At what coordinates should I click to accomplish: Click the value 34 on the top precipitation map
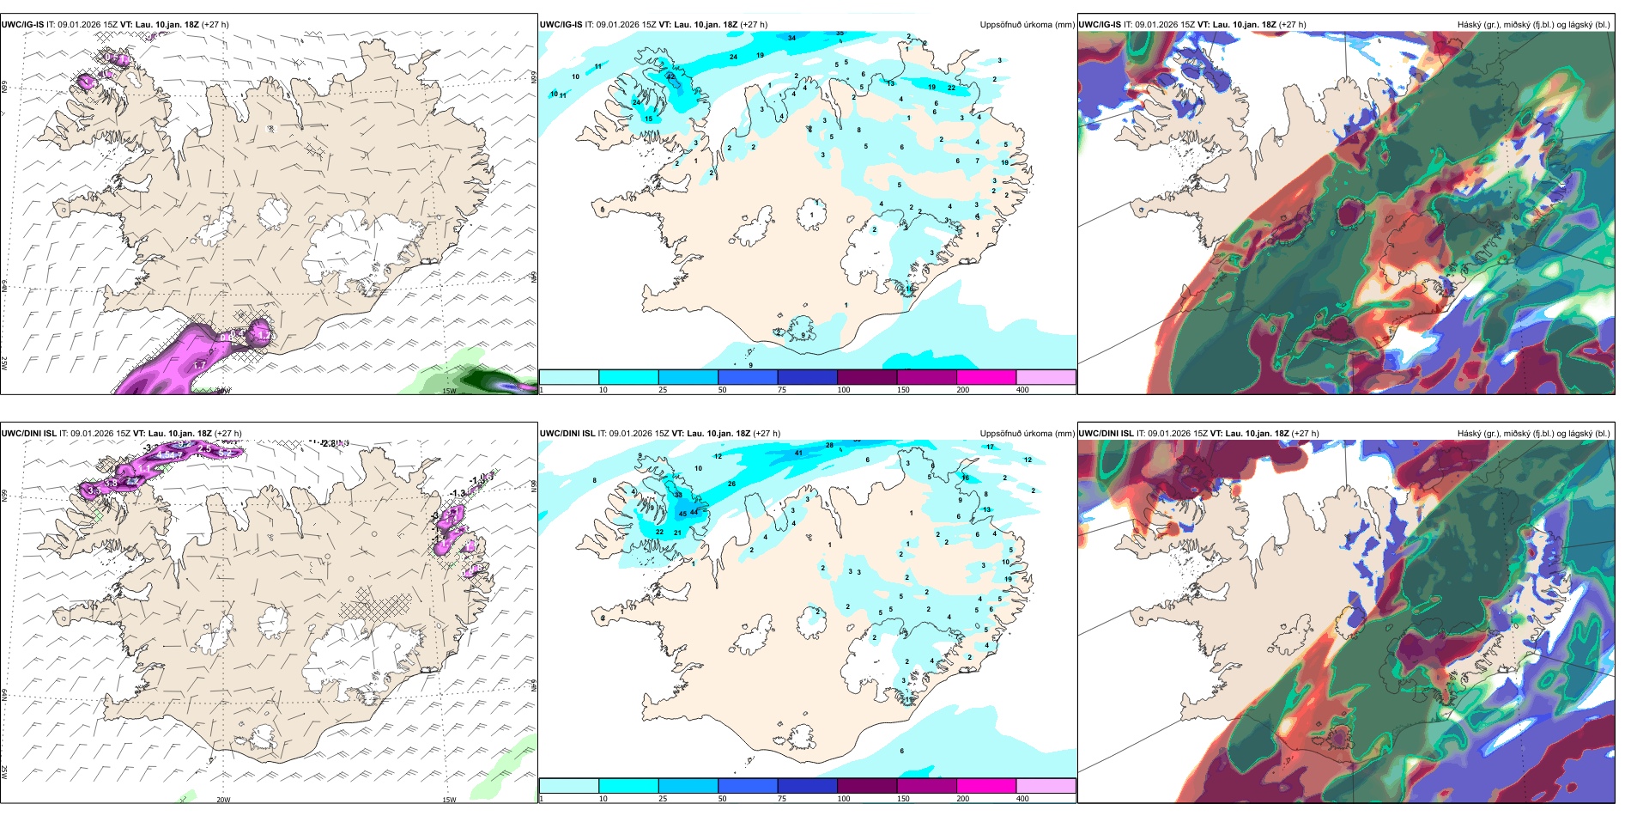click(x=791, y=38)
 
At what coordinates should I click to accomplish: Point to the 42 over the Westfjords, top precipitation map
click(x=671, y=77)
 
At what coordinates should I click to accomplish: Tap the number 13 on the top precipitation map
click(x=891, y=83)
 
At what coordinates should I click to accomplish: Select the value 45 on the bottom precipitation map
click(x=682, y=514)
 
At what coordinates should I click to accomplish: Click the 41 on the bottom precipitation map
click(x=798, y=453)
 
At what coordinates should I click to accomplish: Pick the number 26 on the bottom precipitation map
click(x=731, y=484)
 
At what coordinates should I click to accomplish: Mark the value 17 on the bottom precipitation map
click(x=990, y=447)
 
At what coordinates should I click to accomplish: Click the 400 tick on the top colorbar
click(x=1022, y=390)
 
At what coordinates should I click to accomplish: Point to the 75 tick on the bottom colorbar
click(x=782, y=799)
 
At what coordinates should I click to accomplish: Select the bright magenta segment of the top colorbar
click(x=985, y=377)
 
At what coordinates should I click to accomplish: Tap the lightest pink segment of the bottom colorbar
click(x=1046, y=786)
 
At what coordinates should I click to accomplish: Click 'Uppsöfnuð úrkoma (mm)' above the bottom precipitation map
click(x=1027, y=434)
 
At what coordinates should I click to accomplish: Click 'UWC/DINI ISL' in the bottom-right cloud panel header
click(x=1107, y=434)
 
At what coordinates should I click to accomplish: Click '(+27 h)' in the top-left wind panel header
click(x=215, y=25)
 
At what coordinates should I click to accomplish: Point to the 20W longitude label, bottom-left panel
click(x=223, y=800)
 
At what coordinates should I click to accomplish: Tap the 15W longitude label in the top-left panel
click(x=448, y=391)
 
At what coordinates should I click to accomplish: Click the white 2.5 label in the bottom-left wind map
click(x=204, y=448)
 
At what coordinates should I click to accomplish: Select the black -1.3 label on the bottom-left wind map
click(x=458, y=493)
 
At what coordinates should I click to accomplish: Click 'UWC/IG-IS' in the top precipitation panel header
click(x=561, y=25)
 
